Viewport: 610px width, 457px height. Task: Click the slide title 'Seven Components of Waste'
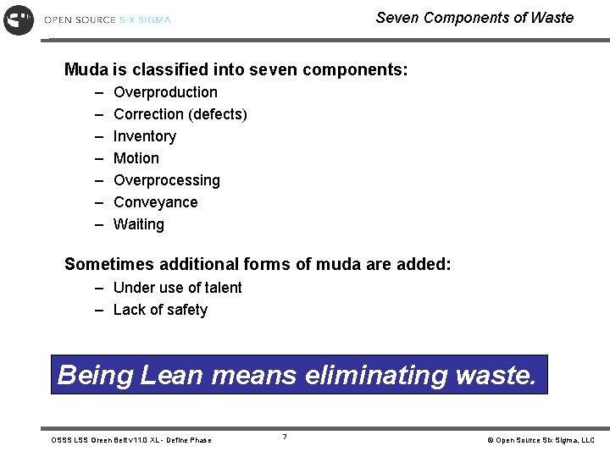(474, 18)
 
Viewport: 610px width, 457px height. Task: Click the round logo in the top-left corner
(19, 19)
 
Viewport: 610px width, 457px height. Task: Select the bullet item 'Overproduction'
(165, 92)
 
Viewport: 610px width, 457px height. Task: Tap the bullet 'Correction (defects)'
(180, 114)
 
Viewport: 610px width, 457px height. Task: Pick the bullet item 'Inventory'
(145, 136)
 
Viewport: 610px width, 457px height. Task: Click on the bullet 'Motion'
(136, 158)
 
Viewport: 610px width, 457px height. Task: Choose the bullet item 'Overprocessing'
(166, 180)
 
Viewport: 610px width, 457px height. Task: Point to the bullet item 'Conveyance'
(155, 202)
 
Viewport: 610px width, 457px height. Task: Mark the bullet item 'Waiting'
(138, 224)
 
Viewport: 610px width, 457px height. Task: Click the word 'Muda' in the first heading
(86, 69)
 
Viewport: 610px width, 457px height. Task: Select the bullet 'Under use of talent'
(177, 288)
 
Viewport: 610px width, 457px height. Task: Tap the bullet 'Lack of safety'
(160, 310)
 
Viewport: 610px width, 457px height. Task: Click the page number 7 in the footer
(285, 437)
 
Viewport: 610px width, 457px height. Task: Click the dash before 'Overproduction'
(98, 92)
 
